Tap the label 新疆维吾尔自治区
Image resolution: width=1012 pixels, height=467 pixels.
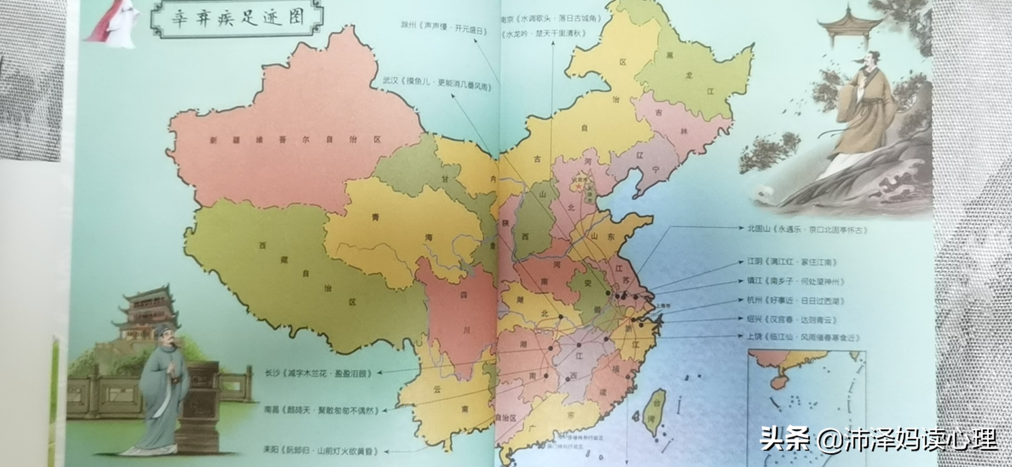295,140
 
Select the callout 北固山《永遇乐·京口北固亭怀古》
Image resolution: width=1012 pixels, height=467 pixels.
807,230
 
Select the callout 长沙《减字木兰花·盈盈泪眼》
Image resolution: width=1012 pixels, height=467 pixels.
319,373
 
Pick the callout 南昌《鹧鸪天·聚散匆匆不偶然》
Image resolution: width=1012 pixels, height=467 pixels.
322,410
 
